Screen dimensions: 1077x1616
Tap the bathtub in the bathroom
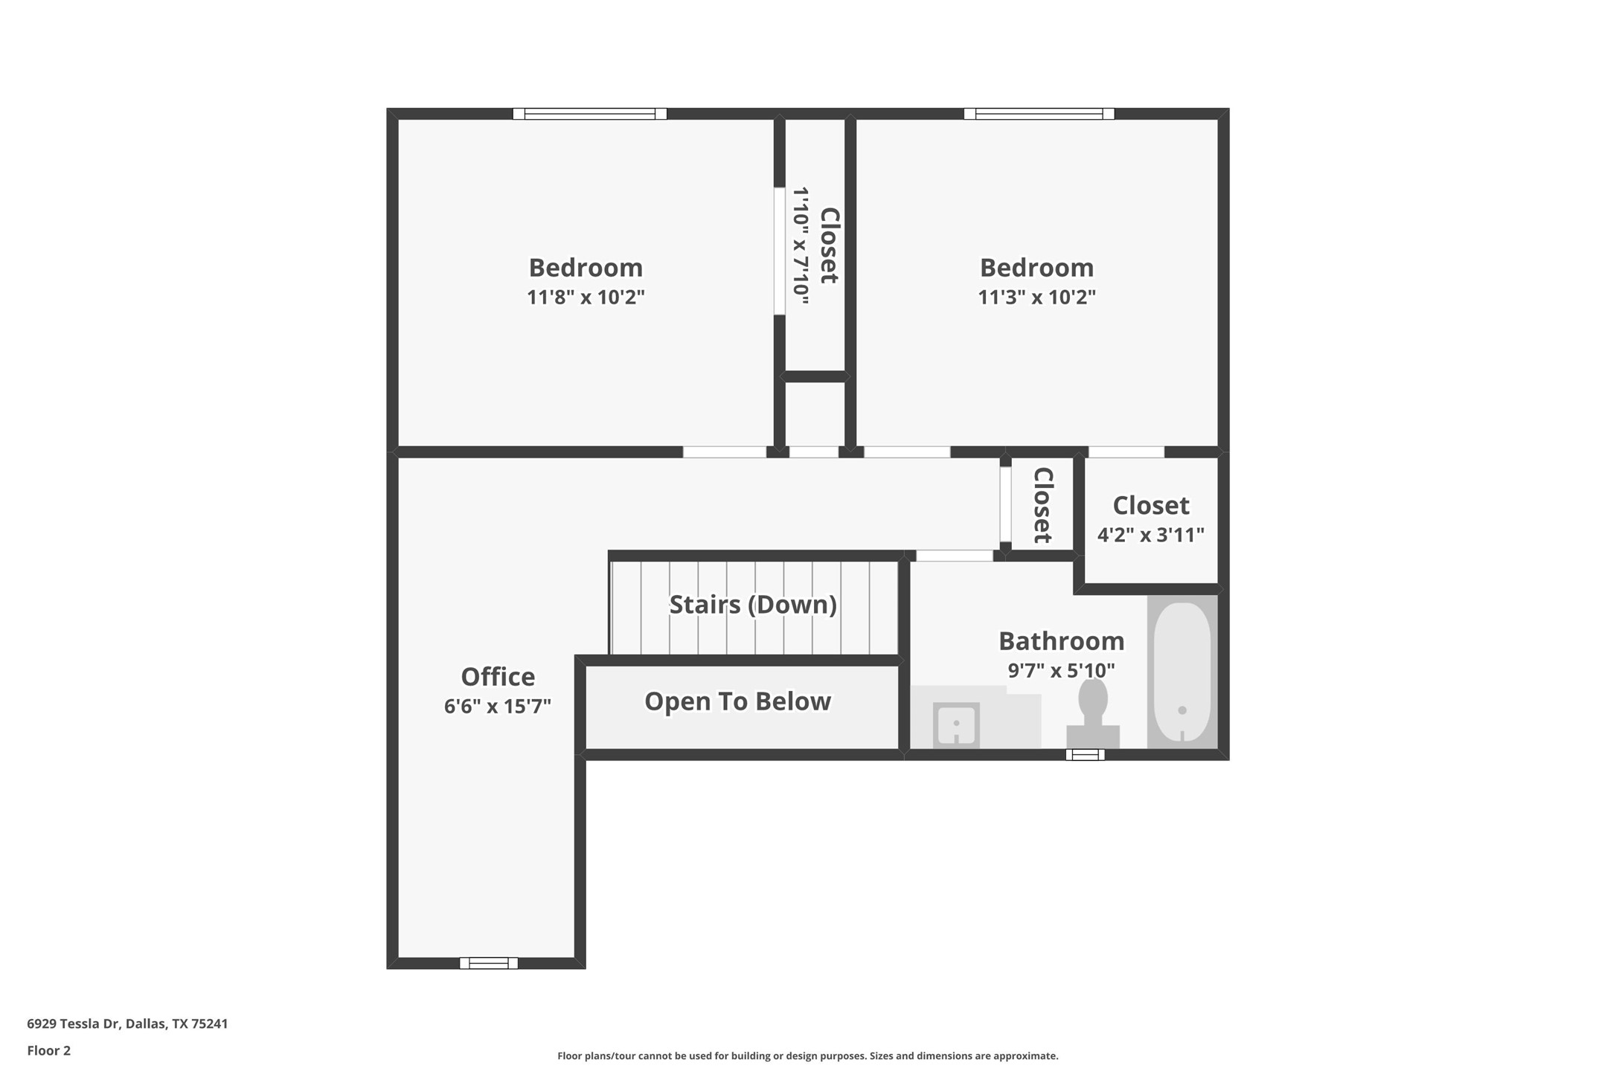pyautogui.click(x=1181, y=672)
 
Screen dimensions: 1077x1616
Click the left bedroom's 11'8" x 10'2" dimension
pyautogui.click(x=586, y=298)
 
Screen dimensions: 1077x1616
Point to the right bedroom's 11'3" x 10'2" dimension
pyautogui.click(x=1036, y=298)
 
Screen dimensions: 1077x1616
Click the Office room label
pyautogui.click(x=498, y=677)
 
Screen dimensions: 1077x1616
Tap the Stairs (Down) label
pyautogui.click(x=753, y=605)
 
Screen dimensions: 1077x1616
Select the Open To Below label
pyautogui.click(x=737, y=701)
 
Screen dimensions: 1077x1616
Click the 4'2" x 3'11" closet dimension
pyautogui.click(x=1150, y=535)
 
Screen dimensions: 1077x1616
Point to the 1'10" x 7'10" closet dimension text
pyautogui.click(x=801, y=245)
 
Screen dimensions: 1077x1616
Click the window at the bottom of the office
pyautogui.click(x=489, y=963)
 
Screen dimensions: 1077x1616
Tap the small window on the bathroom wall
pyautogui.click(x=1085, y=755)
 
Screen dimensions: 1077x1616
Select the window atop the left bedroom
pyautogui.click(x=589, y=114)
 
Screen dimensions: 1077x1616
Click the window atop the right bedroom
pyautogui.click(x=1039, y=114)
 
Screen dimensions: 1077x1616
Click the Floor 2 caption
pyautogui.click(x=49, y=1051)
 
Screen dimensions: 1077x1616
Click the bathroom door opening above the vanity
pyautogui.click(x=954, y=556)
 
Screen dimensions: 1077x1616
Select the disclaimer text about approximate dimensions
pyautogui.click(x=807, y=1056)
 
